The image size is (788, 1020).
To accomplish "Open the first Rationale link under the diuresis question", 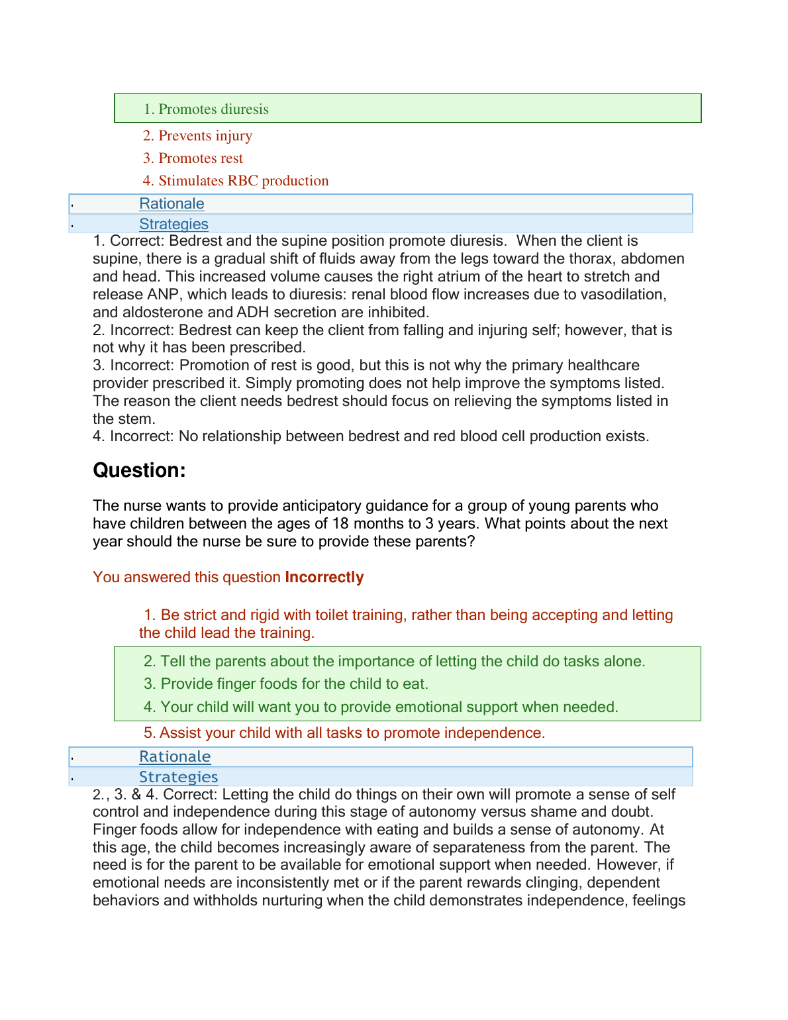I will (172, 204).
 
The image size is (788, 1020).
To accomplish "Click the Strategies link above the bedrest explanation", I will (173, 225).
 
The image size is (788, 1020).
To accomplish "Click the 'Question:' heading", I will (139, 470).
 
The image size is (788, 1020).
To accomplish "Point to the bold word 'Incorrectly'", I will (324, 578).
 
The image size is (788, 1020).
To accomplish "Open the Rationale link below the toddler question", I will (175, 757).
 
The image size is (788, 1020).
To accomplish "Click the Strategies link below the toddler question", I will (178, 777).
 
